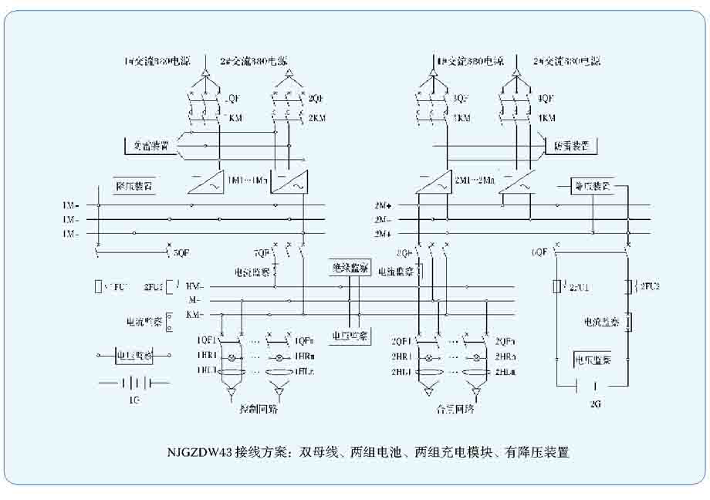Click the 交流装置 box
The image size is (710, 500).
[x=147, y=145]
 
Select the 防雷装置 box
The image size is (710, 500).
[x=571, y=146]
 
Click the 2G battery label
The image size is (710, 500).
[x=594, y=403]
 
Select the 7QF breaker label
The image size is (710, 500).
[x=262, y=252]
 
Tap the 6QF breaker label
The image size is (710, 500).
[x=539, y=252]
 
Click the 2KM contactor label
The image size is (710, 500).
[x=316, y=118]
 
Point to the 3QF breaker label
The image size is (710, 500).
[x=461, y=99]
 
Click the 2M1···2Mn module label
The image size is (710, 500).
[x=475, y=179]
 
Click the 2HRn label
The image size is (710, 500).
[x=505, y=356]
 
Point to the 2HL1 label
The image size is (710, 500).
[x=401, y=371]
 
